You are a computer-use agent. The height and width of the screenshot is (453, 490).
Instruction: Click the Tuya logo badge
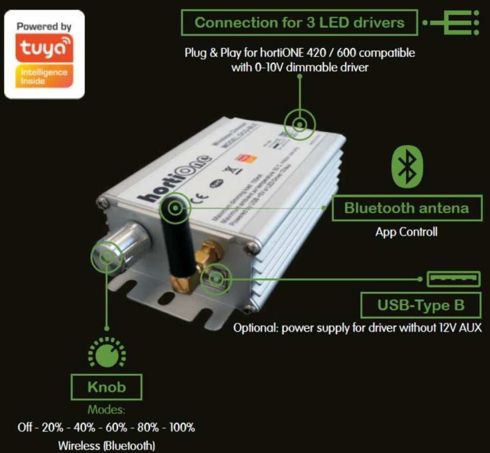pyautogui.click(x=44, y=54)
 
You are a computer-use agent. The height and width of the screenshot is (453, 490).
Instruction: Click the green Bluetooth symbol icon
pyautogui.click(x=408, y=167)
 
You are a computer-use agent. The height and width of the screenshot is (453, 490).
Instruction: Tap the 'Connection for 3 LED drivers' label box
pyautogui.click(x=299, y=23)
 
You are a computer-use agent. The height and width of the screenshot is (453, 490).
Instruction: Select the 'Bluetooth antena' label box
pyautogui.click(x=406, y=208)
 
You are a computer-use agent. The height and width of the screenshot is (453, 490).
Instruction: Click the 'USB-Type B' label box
pyautogui.click(x=420, y=305)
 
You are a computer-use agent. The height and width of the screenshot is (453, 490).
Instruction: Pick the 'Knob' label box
pyautogui.click(x=107, y=386)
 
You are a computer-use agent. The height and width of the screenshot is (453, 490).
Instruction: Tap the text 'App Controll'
pyautogui.click(x=406, y=231)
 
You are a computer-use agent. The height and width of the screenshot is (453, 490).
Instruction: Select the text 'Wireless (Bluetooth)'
pyautogui.click(x=106, y=445)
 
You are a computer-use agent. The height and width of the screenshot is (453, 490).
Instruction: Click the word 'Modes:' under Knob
pyautogui.click(x=106, y=410)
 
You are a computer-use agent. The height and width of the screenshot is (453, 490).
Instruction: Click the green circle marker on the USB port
pyautogui.click(x=216, y=279)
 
